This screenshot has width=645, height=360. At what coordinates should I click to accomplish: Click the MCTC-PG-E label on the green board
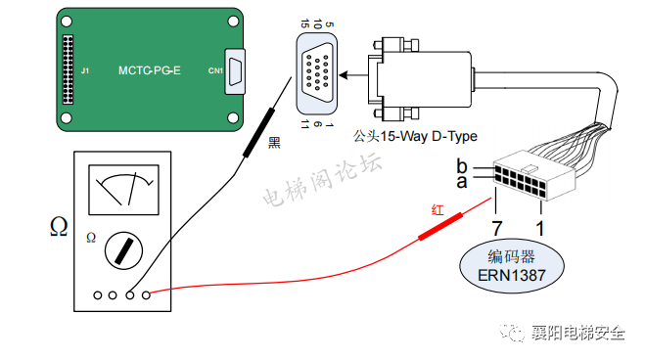[x=150, y=70]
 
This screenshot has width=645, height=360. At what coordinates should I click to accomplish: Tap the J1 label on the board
[x=85, y=70]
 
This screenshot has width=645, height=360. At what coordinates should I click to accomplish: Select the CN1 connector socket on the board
[x=235, y=72]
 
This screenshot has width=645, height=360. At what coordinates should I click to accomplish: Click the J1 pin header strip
[x=68, y=69]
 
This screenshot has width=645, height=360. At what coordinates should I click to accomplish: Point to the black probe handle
[x=258, y=133]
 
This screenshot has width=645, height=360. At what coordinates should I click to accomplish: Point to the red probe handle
[x=440, y=226]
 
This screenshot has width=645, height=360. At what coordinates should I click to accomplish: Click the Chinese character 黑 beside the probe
[x=274, y=143]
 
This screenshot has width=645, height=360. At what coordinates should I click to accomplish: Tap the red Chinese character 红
[x=438, y=209]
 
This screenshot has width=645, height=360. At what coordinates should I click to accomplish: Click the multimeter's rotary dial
[x=123, y=250]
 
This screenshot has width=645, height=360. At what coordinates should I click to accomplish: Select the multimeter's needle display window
[x=123, y=190]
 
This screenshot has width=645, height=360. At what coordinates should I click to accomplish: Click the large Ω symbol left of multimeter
[x=59, y=226]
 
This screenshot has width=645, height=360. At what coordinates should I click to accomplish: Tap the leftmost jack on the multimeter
[x=98, y=295]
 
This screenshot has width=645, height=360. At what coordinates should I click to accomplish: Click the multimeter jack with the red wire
[x=146, y=295]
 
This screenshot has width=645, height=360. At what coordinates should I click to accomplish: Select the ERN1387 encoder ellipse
[x=511, y=266]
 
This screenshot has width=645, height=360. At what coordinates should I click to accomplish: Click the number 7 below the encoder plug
[x=497, y=229]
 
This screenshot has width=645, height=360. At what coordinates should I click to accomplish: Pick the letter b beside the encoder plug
[x=462, y=165]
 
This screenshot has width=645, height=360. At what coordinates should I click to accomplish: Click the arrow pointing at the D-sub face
[x=353, y=75]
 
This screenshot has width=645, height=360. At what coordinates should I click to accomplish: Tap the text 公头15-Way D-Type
[x=415, y=136]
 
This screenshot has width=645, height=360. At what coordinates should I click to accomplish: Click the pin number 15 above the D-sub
[x=304, y=23]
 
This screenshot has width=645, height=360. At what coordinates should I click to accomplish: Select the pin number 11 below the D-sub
[x=304, y=124]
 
